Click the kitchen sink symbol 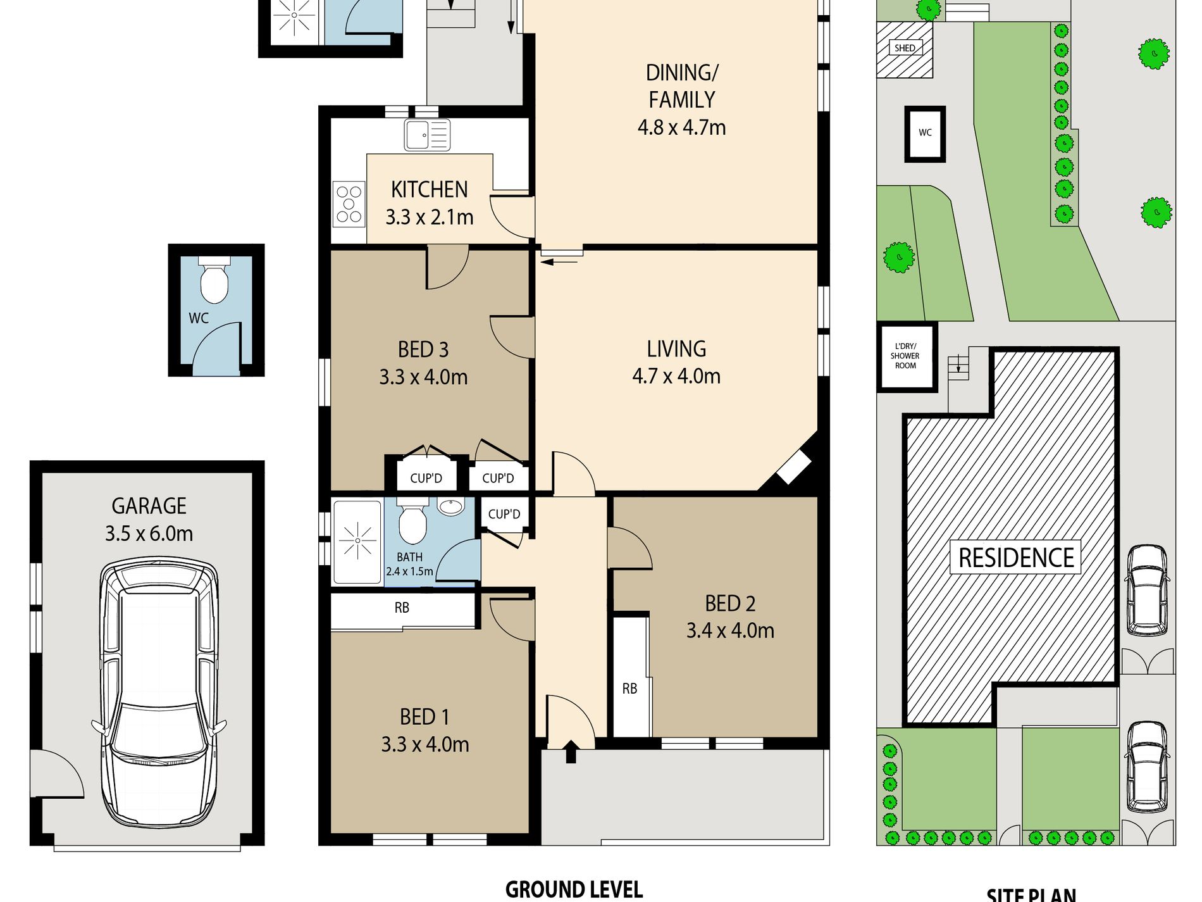(x=427, y=135)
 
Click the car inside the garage (x=159, y=693)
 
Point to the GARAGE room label (x=149, y=506)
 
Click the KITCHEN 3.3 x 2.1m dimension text (x=430, y=217)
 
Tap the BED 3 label (x=423, y=349)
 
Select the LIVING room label (x=676, y=349)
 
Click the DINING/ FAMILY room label (x=681, y=86)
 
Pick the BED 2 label (x=730, y=604)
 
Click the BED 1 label (x=424, y=717)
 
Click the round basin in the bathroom (x=450, y=506)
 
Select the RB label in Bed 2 (x=629, y=689)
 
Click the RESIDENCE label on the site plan (x=1016, y=558)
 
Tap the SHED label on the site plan (x=905, y=48)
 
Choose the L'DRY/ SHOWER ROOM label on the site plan (x=905, y=356)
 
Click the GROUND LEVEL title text (x=574, y=889)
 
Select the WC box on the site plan (x=925, y=134)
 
